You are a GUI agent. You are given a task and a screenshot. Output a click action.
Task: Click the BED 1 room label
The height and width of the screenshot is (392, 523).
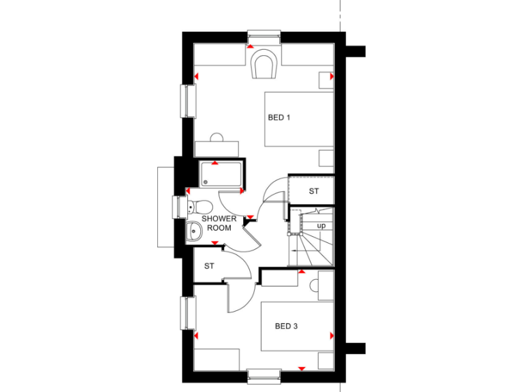[279, 118]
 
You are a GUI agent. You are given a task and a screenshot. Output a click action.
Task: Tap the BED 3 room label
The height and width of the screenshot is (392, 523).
[286, 326]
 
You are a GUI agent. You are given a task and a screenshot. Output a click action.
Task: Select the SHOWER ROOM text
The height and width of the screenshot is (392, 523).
[219, 223]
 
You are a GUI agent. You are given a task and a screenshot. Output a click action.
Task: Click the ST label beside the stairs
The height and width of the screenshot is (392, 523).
[313, 191]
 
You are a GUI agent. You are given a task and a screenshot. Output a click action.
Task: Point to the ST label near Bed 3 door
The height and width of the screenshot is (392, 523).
[209, 266]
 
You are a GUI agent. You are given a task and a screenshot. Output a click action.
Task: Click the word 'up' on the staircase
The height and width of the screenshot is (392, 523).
[321, 225]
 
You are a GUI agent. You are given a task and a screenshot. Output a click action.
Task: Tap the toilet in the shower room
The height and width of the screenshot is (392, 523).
[200, 207]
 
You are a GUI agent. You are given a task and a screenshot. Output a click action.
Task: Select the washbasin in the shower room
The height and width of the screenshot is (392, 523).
[194, 232]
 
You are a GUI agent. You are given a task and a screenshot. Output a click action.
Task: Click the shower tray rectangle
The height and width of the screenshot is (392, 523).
[219, 175]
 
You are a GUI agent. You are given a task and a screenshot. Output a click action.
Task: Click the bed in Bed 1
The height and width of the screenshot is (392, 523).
[299, 120]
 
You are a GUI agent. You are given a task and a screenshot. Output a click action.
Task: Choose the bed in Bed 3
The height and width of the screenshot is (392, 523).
[298, 327]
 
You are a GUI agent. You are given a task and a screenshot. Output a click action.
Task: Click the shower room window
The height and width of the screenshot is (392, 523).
[178, 207]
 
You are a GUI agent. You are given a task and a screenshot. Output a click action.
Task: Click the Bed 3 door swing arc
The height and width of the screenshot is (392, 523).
[238, 299]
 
